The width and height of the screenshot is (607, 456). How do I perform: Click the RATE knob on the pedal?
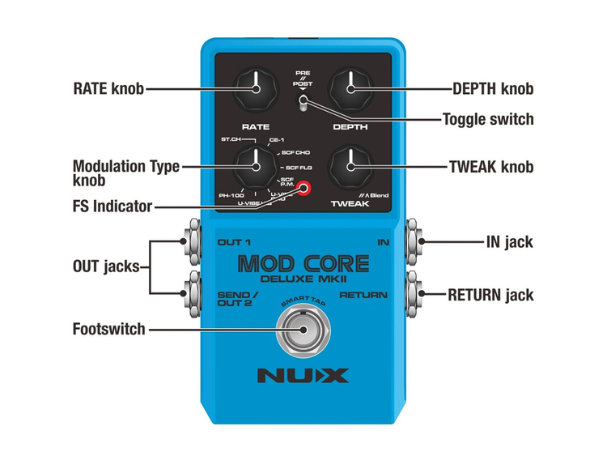pos(255,88)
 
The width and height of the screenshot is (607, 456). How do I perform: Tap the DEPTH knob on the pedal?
pos(350,88)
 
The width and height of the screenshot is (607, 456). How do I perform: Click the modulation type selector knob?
pos(255,167)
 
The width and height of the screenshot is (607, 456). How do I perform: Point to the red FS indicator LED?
pos(304,190)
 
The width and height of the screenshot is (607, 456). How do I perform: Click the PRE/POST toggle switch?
pos(303,102)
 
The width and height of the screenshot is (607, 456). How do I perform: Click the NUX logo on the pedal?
pos(303,376)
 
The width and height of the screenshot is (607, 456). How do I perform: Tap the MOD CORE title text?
pos(303,263)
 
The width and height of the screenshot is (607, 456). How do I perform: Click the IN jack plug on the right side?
pos(414,241)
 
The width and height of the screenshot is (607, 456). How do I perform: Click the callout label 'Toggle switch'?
pos(487,120)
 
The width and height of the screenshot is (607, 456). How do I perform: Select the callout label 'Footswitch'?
pos(108,330)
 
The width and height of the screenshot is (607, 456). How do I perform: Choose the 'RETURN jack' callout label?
pos(490,295)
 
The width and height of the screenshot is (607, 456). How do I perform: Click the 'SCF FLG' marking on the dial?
pos(299,167)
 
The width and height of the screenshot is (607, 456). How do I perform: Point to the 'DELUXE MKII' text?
pos(303,280)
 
